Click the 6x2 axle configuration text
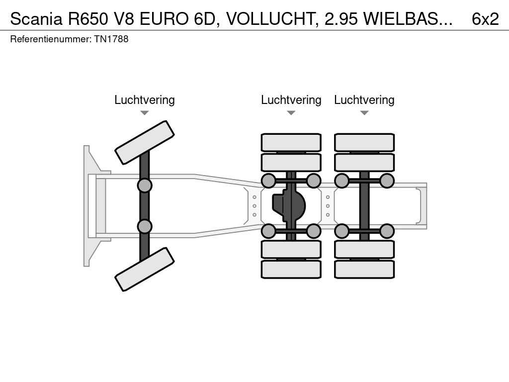pyautogui.click(x=485, y=18)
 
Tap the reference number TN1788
pyautogui.click(x=111, y=39)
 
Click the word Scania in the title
pyautogui.click(x=36, y=18)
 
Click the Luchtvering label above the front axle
pyautogui.click(x=144, y=100)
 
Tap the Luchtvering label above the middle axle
pyautogui.click(x=291, y=100)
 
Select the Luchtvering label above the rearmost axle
pyautogui.click(x=364, y=100)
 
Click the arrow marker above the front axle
pyautogui.click(x=144, y=113)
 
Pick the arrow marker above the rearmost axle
pyautogui.click(x=364, y=113)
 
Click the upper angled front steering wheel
pyautogui.click(x=144, y=142)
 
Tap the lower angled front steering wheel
pyautogui.click(x=144, y=269)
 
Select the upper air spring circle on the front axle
pyautogui.click(x=144, y=186)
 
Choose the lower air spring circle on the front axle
pyautogui.click(x=144, y=226)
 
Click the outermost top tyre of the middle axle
pyautogui.click(x=291, y=142)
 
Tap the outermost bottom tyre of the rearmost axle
pyautogui.click(x=364, y=269)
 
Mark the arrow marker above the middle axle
pyautogui.click(x=291, y=113)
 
